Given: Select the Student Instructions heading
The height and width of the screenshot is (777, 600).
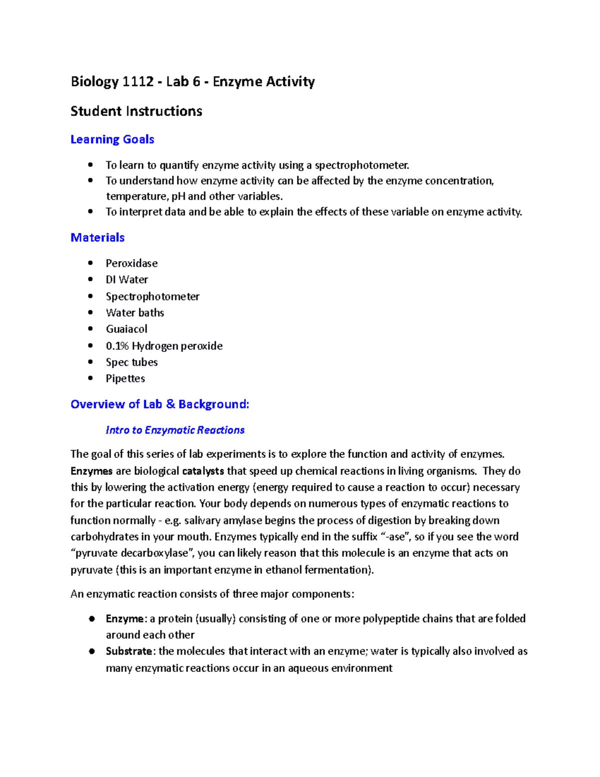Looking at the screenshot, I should pyautogui.click(x=136, y=111).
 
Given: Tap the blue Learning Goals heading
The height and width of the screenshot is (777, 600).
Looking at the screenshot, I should pyautogui.click(x=112, y=140).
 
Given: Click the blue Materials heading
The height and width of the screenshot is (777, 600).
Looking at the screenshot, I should pyautogui.click(x=97, y=238).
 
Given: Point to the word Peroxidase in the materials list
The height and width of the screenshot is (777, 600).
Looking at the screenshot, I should pyautogui.click(x=131, y=263).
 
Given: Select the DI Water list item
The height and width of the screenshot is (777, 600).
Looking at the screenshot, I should pyautogui.click(x=127, y=280).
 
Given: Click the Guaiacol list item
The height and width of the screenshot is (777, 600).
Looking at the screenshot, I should pyautogui.click(x=126, y=329).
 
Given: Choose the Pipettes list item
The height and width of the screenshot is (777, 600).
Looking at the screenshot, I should pyautogui.click(x=125, y=379).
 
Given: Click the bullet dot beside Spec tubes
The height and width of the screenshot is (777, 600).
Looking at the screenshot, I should pyautogui.click(x=90, y=362).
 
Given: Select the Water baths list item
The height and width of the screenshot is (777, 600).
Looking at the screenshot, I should pyautogui.click(x=135, y=313).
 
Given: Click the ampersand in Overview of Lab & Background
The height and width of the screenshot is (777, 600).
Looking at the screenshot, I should pyautogui.click(x=170, y=404).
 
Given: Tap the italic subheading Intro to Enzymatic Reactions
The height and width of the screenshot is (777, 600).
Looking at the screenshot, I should pyautogui.click(x=175, y=430).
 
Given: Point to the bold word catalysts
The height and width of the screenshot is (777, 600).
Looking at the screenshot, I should pyautogui.click(x=203, y=471).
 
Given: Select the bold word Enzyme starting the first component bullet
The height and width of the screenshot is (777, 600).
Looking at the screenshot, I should pyautogui.click(x=125, y=619).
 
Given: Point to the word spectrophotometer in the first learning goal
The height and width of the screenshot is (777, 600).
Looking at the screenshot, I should pyautogui.click(x=361, y=165).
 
